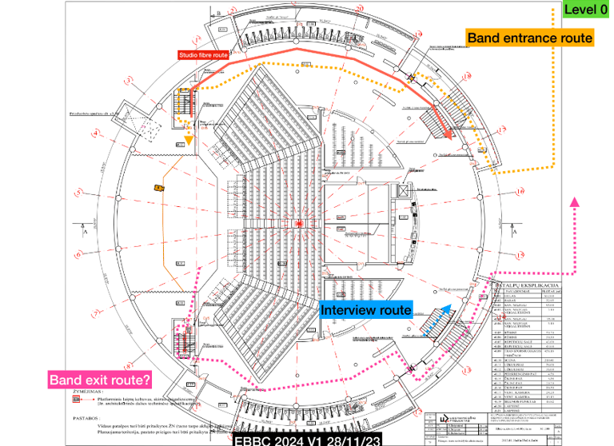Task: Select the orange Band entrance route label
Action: (x=529, y=38)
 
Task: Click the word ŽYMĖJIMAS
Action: (x=86, y=392)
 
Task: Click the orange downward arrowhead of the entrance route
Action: (x=189, y=141)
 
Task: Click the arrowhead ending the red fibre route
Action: (x=451, y=136)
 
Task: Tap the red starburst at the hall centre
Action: (x=299, y=224)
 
